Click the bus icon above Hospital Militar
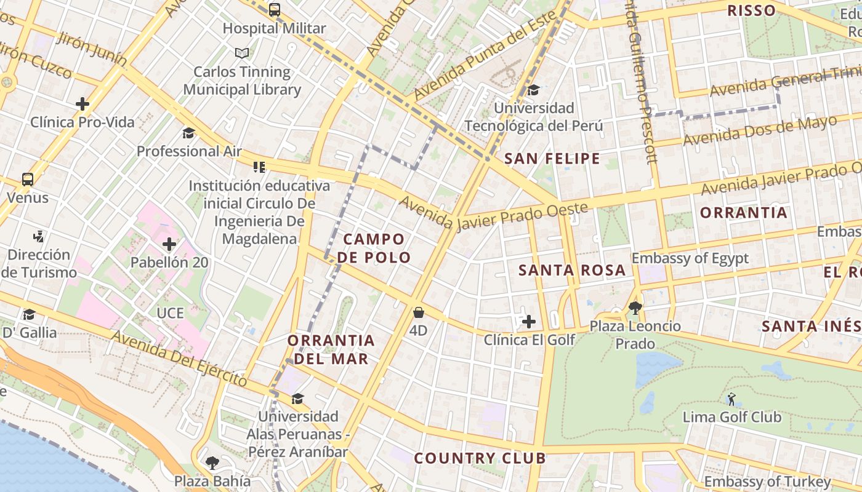(x=275, y=10)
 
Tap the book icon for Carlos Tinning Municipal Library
(x=242, y=54)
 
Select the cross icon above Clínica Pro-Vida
(x=83, y=104)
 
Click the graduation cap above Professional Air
(x=188, y=133)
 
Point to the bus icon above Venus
(x=28, y=180)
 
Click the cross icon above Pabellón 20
(x=169, y=244)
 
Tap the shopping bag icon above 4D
(x=419, y=312)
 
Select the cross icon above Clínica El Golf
(x=529, y=321)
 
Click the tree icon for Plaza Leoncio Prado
(x=635, y=307)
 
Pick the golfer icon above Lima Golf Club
(x=731, y=399)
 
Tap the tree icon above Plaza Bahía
(x=212, y=462)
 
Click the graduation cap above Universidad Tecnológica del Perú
(x=534, y=90)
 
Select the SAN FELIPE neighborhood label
(x=552, y=159)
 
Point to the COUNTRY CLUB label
(x=480, y=458)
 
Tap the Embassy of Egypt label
(x=690, y=258)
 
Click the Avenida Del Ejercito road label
(x=180, y=360)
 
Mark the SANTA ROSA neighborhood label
(x=572, y=270)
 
